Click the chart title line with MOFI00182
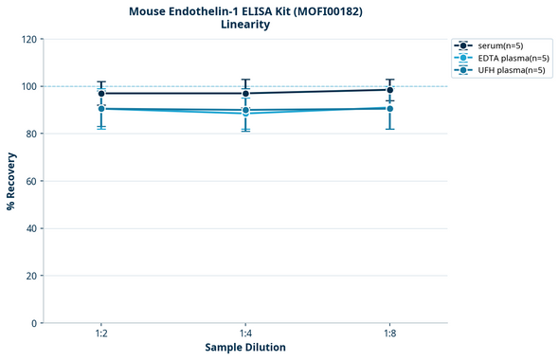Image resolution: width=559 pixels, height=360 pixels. tap(245, 10)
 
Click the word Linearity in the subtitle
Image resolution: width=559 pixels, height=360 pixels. tap(245, 25)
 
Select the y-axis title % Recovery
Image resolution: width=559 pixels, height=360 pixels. tap(11, 181)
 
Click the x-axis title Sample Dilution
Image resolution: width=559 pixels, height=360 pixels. tap(245, 348)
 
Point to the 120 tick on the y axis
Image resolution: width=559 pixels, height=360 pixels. tap(27, 39)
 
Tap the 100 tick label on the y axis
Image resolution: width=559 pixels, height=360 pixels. tap(27, 86)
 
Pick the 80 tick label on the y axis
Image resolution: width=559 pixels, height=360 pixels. tap(30, 134)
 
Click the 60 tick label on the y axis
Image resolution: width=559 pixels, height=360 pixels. tap(30, 181)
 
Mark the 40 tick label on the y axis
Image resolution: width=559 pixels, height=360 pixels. tap(30, 228)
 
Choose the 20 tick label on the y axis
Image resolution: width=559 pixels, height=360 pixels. tap(30, 276)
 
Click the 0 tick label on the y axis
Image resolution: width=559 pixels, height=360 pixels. tap(33, 323)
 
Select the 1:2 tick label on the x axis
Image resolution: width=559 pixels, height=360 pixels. tap(100, 333)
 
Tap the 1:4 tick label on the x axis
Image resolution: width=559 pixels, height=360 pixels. tap(245, 333)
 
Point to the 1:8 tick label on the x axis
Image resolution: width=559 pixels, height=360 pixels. tap(390, 333)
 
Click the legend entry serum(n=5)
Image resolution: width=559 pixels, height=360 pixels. tap(501, 45)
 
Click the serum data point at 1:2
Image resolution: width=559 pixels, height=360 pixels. tap(100, 93)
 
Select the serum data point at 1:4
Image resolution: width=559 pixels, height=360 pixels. tap(245, 93)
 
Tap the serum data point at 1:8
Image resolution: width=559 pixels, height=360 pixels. tap(390, 90)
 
